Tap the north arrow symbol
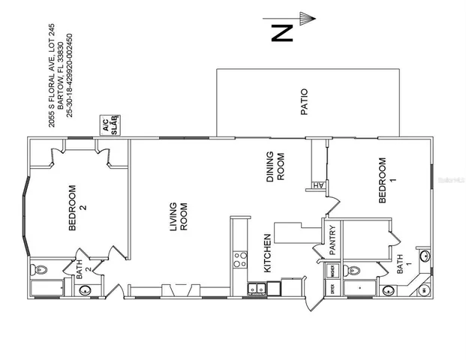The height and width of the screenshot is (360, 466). pos(303,16)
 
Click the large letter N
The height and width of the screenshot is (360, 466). pos(281,33)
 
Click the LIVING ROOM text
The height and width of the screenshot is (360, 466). pos(177,217)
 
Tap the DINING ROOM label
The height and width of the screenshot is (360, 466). pos(275,169)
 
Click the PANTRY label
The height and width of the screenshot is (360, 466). pos(332,241)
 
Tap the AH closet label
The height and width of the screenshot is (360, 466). pos(317,186)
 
